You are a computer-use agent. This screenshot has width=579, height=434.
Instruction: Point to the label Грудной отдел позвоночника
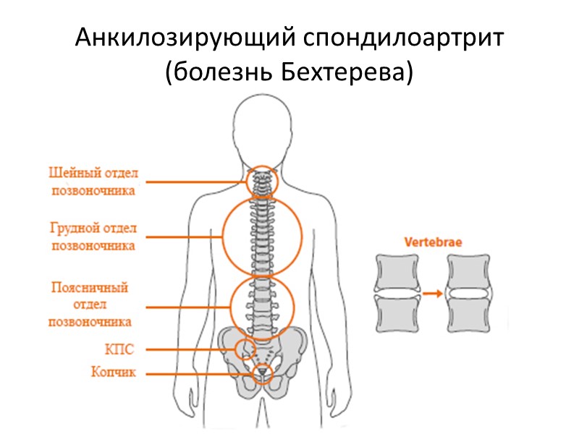[93, 237]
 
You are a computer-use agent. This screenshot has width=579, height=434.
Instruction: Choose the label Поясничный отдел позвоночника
[90, 305]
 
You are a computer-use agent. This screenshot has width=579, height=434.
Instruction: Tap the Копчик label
[114, 373]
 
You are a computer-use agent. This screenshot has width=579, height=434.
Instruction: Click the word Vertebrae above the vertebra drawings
[433, 243]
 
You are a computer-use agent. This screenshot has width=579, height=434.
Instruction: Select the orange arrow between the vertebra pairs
[433, 293]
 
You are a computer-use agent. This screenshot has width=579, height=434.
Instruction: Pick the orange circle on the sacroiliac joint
[245, 350]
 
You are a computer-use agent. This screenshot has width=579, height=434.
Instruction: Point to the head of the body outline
[261, 130]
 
